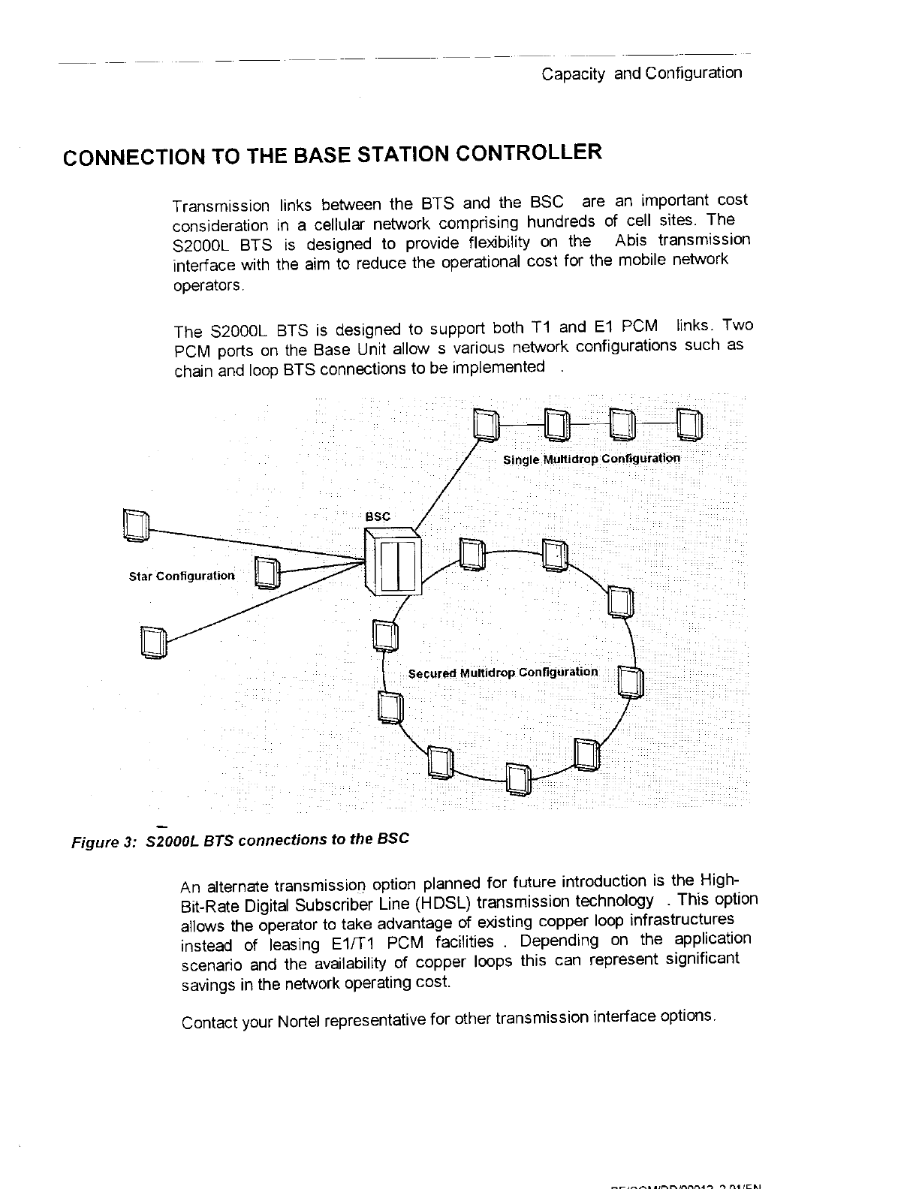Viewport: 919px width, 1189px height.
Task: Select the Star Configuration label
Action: pos(182,576)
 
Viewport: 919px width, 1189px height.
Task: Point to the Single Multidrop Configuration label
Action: pos(592,459)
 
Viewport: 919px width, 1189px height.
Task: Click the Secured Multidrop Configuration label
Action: pos(503,672)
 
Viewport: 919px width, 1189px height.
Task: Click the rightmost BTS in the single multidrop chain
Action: pos(689,426)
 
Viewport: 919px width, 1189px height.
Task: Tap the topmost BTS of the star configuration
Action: pos(136,525)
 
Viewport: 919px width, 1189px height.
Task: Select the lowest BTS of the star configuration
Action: pos(153,643)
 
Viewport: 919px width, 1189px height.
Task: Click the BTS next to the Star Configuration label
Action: pos(267,574)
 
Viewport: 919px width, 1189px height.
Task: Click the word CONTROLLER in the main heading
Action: pos(529,153)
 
